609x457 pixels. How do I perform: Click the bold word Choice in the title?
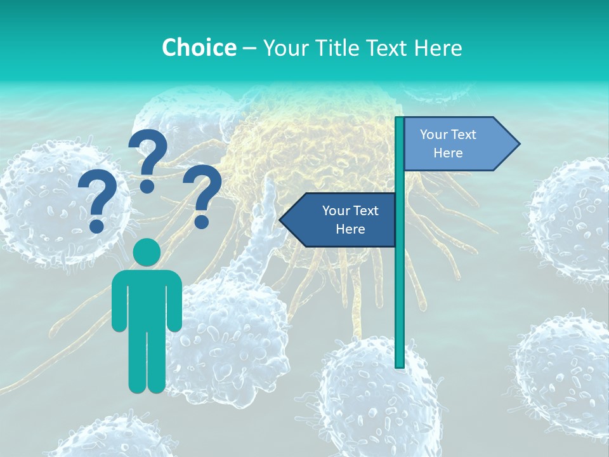(199, 48)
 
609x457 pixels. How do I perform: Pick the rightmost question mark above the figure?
(202, 195)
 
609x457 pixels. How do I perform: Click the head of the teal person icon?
(147, 253)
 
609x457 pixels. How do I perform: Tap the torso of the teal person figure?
(147, 298)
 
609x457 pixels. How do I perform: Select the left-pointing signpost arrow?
(343, 220)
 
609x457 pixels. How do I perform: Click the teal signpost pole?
(400, 286)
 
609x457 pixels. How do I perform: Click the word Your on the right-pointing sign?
(434, 135)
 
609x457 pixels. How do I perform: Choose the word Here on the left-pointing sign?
(350, 229)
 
